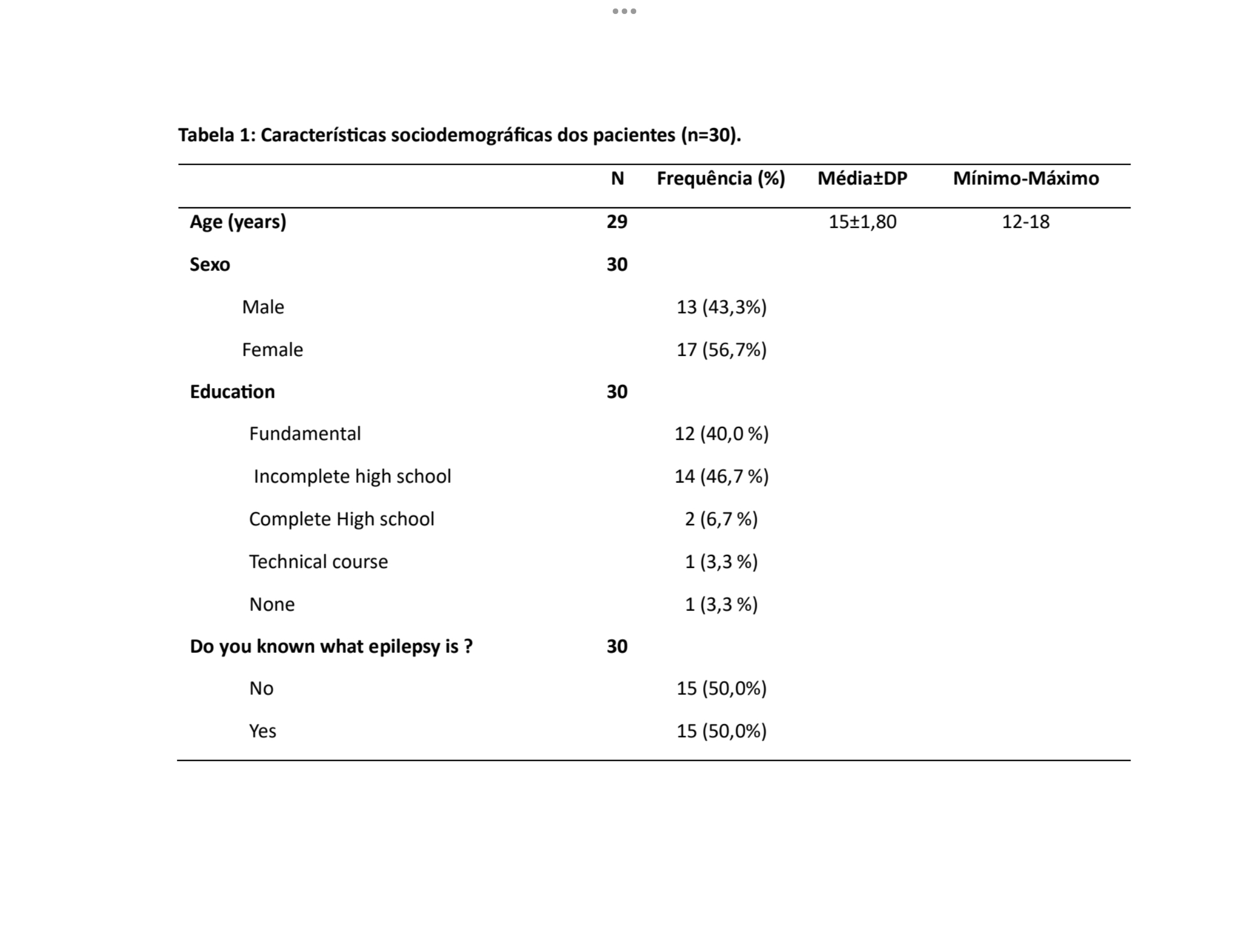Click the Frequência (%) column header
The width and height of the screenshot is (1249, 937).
point(721,179)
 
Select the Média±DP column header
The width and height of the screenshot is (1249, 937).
point(862,179)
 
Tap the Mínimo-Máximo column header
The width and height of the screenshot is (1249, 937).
point(1025,179)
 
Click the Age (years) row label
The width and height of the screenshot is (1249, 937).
point(238,221)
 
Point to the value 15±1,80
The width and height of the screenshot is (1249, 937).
point(862,221)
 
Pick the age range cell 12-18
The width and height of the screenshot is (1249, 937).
point(1025,221)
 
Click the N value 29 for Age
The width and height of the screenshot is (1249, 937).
point(617,221)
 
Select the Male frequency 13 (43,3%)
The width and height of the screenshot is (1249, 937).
point(721,307)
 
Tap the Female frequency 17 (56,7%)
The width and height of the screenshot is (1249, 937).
point(721,349)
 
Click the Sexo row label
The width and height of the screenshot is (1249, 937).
point(209,265)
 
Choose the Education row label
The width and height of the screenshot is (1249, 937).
point(232,392)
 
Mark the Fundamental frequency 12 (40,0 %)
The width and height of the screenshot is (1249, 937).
point(721,434)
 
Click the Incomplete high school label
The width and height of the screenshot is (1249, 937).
point(352,476)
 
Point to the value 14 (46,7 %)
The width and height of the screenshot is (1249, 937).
point(721,476)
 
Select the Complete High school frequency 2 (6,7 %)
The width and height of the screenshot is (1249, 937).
point(721,519)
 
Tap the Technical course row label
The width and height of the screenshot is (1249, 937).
point(318,561)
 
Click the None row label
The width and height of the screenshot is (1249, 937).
point(272,604)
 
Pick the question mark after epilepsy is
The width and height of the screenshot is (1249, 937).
point(468,646)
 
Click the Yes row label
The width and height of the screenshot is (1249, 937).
point(263,731)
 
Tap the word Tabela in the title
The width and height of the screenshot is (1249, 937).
point(206,135)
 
